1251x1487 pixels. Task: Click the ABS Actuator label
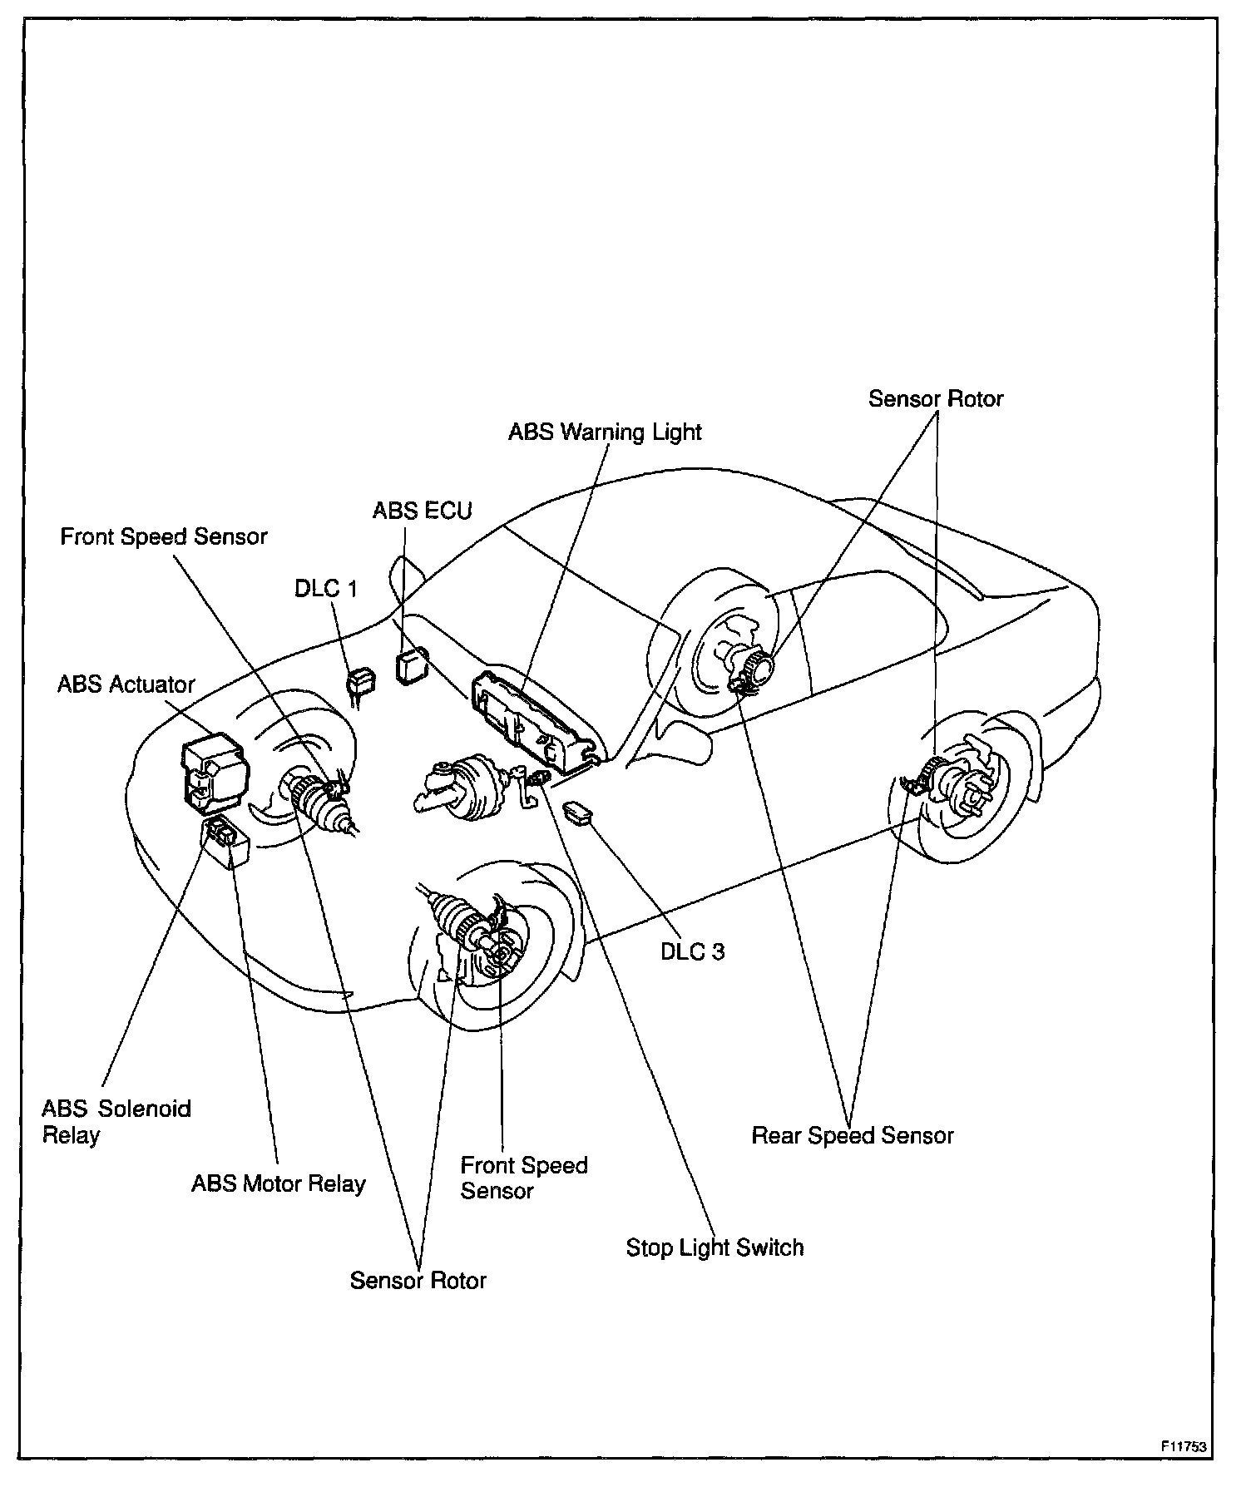(126, 684)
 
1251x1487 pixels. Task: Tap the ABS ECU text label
(422, 510)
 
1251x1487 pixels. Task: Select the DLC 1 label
(325, 588)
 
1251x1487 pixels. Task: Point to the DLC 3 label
(692, 951)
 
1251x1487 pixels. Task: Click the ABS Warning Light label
(605, 432)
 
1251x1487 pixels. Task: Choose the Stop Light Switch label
(715, 1247)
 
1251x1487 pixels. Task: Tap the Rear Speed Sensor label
(852, 1135)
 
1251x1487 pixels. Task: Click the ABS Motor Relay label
(279, 1183)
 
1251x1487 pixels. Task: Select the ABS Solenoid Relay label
(116, 1122)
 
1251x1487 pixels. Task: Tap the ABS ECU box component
(411, 667)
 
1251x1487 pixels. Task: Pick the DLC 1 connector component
(359, 684)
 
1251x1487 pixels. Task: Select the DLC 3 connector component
(579, 813)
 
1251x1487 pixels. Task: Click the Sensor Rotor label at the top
(935, 399)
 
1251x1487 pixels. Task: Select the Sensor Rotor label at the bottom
(418, 1280)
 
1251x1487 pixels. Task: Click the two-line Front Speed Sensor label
(524, 1178)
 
